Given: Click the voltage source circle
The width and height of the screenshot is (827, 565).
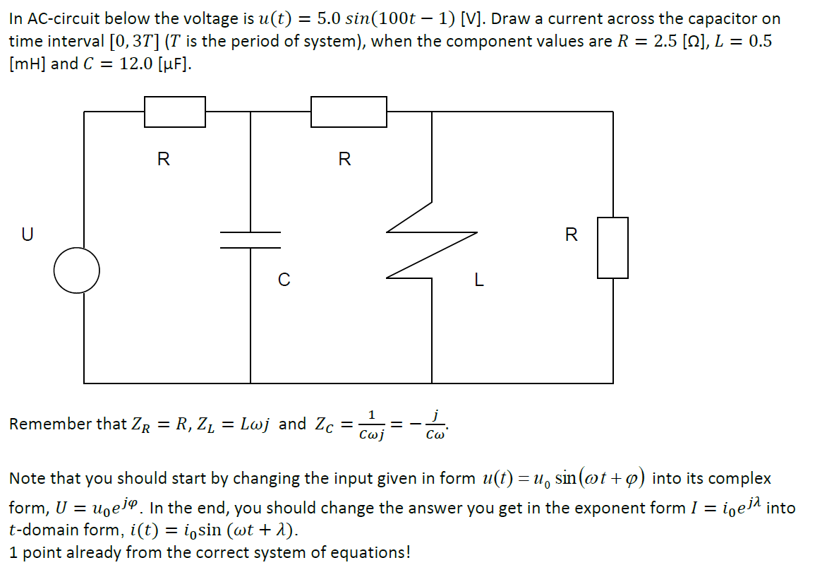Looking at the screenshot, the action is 77,270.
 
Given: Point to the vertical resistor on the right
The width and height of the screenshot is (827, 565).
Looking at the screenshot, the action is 612,247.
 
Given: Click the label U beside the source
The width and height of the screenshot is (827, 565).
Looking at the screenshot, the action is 27,234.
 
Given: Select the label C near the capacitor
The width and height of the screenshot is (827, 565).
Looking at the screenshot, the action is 283,280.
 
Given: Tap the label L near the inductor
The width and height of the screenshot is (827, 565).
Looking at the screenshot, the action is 479,280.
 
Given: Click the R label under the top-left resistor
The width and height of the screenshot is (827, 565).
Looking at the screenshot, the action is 163,159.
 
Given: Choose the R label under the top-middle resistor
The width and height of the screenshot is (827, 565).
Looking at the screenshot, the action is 344,159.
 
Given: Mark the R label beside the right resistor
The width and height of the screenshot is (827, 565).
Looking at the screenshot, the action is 572,234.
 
